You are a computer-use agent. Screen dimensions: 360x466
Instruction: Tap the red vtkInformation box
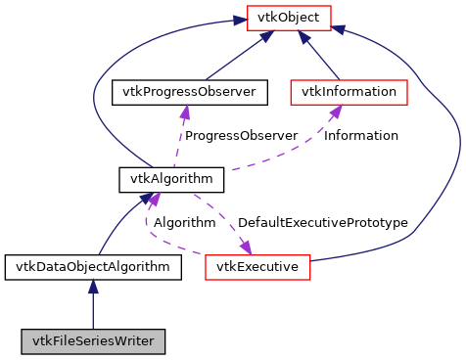tap(348, 92)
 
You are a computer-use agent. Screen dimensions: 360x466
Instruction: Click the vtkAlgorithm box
tap(171, 179)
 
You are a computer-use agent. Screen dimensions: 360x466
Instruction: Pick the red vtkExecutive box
tap(257, 266)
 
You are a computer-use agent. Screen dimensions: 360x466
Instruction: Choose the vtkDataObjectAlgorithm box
tap(92, 266)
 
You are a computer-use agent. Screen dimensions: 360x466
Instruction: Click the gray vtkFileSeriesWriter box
tap(92, 341)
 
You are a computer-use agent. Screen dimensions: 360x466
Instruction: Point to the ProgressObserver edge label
tap(241, 135)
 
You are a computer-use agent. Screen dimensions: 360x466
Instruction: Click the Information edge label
tap(361, 135)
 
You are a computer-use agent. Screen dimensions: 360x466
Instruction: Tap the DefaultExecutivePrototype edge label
tap(322, 223)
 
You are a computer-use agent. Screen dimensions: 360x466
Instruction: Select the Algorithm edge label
tap(183, 223)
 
